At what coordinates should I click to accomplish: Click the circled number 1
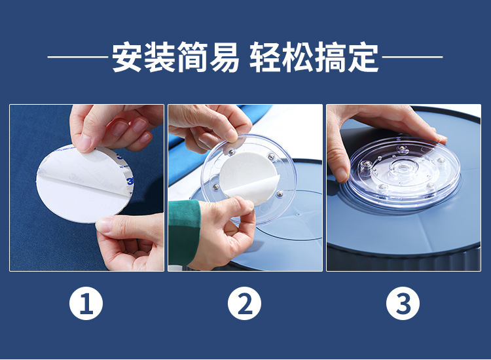[x=86, y=303]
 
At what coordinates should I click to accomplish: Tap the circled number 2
[x=244, y=303]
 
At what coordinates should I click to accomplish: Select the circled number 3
[x=403, y=303]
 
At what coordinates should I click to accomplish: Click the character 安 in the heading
[x=127, y=57]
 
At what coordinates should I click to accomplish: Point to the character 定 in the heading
[x=364, y=57]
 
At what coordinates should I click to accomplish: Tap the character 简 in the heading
[x=191, y=57]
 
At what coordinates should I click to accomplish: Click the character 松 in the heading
[x=298, y=57]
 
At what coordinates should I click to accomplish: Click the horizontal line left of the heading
[x=78, y=58]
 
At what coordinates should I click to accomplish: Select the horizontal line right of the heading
[x=412, y=58]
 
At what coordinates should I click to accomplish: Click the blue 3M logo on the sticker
[x=130, y=181]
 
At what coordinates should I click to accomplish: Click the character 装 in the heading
[x=159, y=57]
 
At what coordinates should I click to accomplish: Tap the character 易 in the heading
[x=224, y=57]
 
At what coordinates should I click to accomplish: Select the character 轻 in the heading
[x=265, y=57]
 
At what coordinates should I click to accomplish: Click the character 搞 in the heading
[x=331, y=57]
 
